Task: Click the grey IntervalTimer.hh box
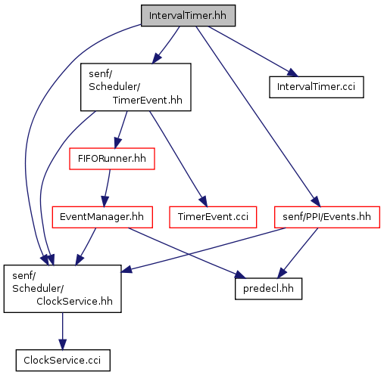[188, 15]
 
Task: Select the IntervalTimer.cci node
[317, 87]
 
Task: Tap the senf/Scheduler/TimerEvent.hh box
[136, 87]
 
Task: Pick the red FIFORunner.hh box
[112, 159]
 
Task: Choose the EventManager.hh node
[102, 217]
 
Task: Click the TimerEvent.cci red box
[213, 217]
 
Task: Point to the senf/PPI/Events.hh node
[327, 217]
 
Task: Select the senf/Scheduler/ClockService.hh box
[62, 289]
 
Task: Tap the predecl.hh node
[268, 289]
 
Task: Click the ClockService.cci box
[63, 360]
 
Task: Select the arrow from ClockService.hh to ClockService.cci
[63, 331]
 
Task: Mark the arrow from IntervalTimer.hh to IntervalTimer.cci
[253, 51]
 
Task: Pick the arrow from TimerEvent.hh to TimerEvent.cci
[179, 159]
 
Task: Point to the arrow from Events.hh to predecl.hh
[298, 253]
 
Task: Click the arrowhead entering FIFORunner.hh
[117, 143]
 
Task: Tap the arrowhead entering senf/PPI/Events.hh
[316, 202]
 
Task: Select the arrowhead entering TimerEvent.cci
[203, 202]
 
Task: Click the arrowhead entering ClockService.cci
[63, 345]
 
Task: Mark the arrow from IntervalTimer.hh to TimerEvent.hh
[166, 45]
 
